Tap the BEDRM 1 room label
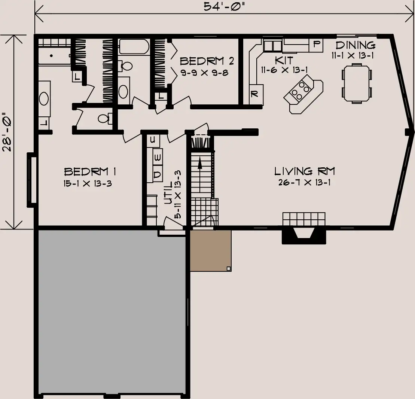90,171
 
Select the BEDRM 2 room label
207,61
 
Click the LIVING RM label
305,171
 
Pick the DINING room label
356,45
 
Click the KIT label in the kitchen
284,60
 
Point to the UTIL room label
168,192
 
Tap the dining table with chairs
356,83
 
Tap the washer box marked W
158,158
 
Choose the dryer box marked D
158,174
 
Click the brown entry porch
211,251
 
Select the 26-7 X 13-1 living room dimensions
304,182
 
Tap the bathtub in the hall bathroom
134,47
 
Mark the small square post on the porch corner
229,269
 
